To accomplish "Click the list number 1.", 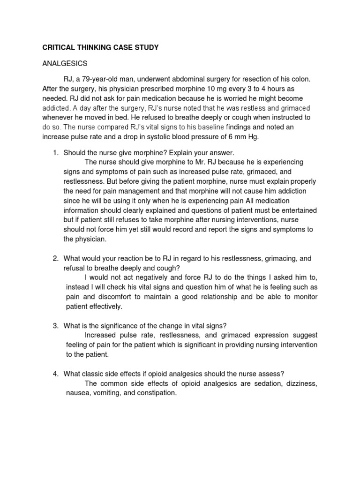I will coord(55,153).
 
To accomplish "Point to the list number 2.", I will coord(55,258).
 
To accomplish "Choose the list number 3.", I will coord(55,326).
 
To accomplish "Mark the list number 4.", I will coord(55,374).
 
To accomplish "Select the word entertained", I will coord(295,210).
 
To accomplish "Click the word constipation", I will coord(155,393).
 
